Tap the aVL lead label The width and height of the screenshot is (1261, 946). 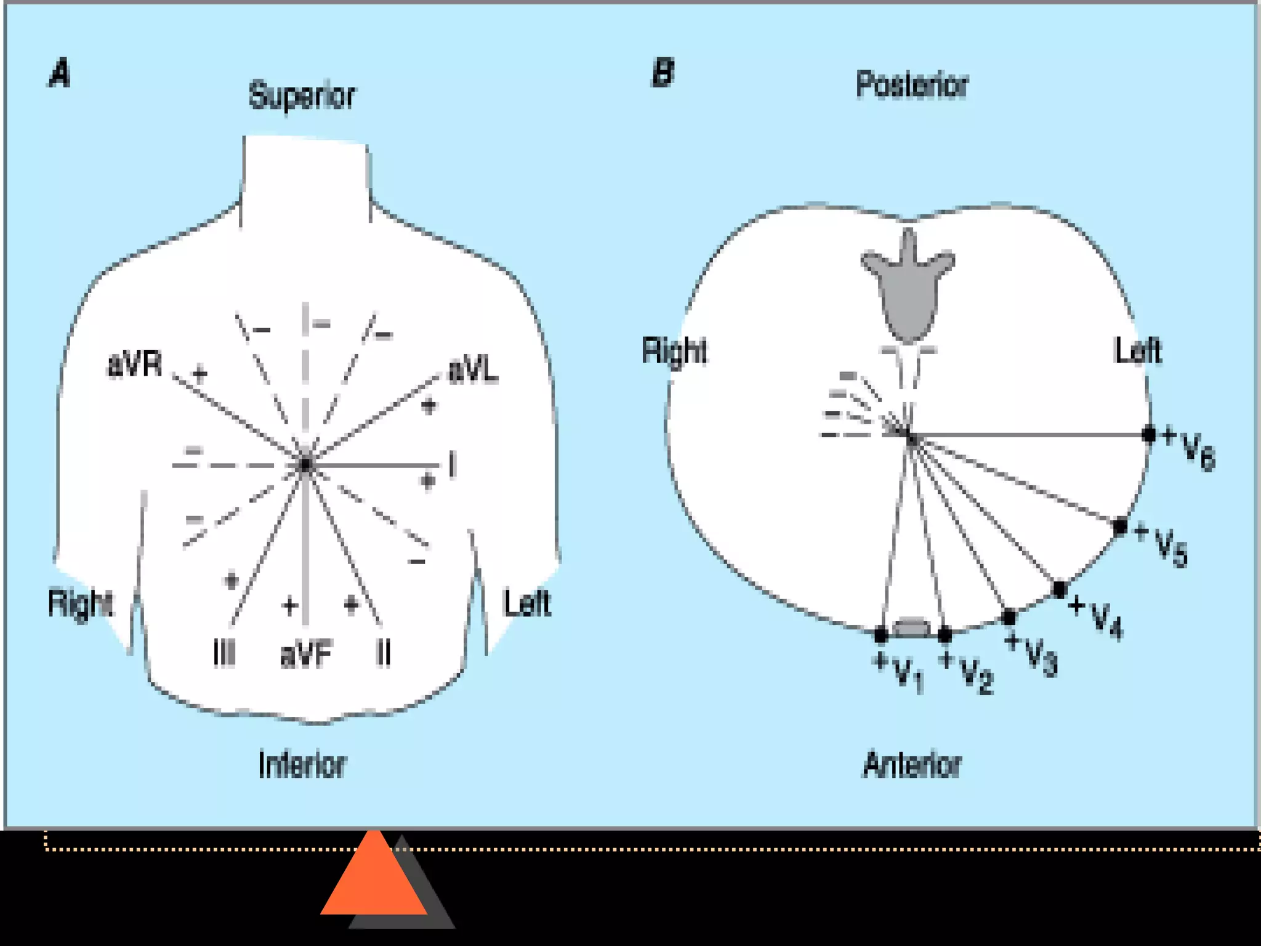point(473,371)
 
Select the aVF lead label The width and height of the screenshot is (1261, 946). point(306,654)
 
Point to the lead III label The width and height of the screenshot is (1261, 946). point(224,653)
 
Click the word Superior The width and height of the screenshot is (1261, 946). point(302,96)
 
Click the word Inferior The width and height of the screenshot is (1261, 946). point(302,764)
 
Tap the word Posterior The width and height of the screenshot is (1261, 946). point(912,85)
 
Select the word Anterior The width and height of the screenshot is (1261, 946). point(912,764)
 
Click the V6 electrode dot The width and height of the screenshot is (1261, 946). point(1148,434)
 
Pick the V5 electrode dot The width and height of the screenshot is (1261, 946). point(1120,527)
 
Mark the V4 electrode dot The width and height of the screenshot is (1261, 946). point(1060,589)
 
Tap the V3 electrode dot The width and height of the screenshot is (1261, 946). point(1009,617)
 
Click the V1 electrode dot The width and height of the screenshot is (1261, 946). point(881,634)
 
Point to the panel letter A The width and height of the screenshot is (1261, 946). point(60,73)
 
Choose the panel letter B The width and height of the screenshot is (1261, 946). point(663,73)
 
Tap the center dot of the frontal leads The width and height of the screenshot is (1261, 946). point(305,464)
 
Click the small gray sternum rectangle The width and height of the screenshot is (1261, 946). point(912,628)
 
